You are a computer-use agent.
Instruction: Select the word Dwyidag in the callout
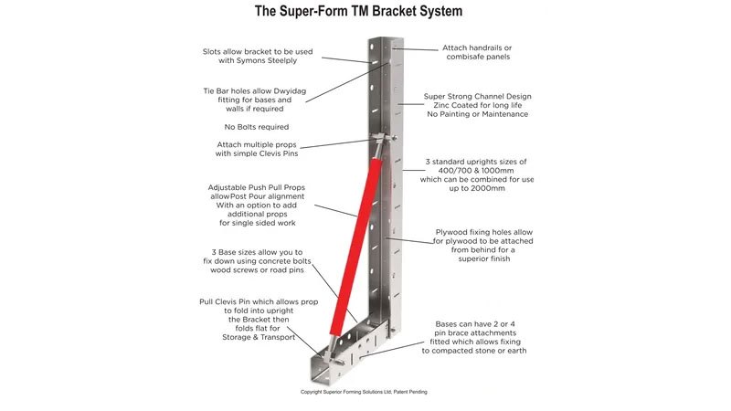point(289,90)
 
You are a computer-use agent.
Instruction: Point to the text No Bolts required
point(257,127)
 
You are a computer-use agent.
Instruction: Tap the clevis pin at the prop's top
point(383,138)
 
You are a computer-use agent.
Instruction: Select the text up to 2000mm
point(477,188)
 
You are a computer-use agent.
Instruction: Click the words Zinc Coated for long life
point(477,105)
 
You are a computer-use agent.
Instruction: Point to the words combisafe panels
point(478,57)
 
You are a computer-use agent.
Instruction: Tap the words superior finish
point(484,258)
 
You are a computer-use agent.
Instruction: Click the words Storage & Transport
point(259,337)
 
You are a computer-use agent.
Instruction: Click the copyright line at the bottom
point(364,392)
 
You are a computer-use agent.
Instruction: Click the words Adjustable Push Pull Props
point(257,187)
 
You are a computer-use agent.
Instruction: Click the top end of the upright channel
point(386,40)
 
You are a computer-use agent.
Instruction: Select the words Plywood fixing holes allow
point(484,232)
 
